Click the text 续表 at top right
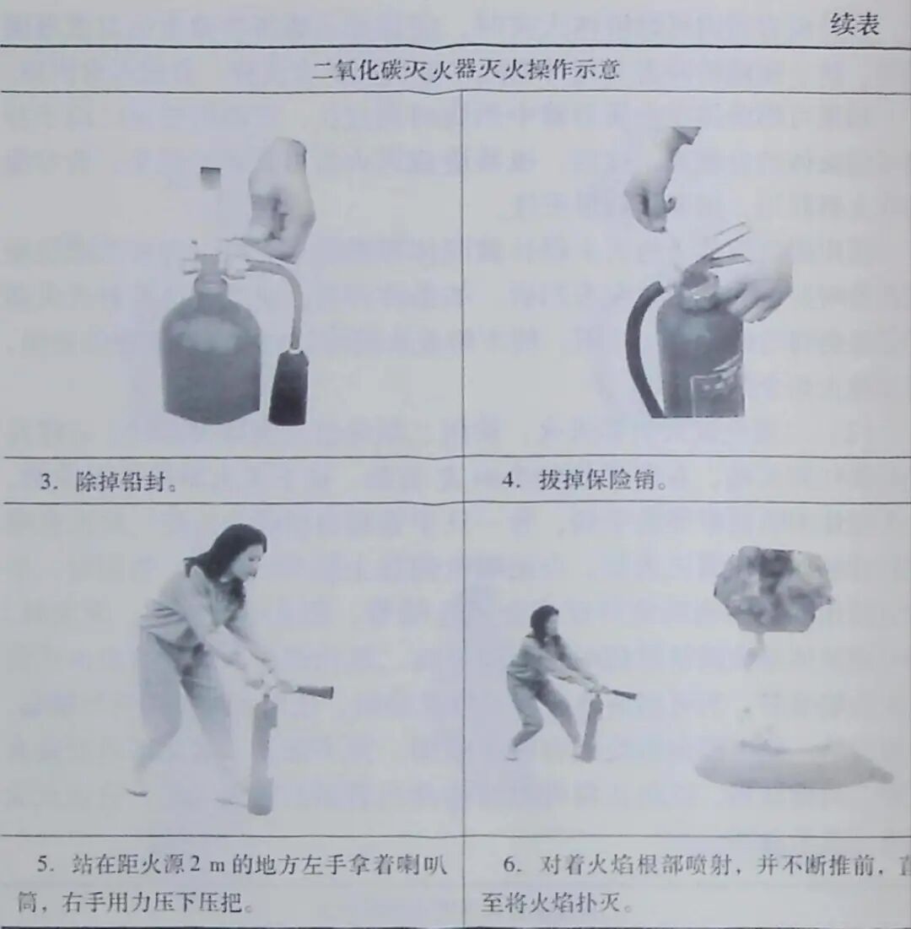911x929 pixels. pos(854,25)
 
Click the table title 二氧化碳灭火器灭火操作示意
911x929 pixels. pos(466,69)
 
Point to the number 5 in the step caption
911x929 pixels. pos(42,866)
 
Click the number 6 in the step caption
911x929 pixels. pos(509,866)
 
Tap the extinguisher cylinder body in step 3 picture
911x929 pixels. pos(211,354)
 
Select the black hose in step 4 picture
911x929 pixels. pos(638,346)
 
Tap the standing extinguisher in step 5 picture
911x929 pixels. pos(262,751)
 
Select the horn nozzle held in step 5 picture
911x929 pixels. pos(313,692)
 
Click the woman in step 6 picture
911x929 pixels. pos(544,675)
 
